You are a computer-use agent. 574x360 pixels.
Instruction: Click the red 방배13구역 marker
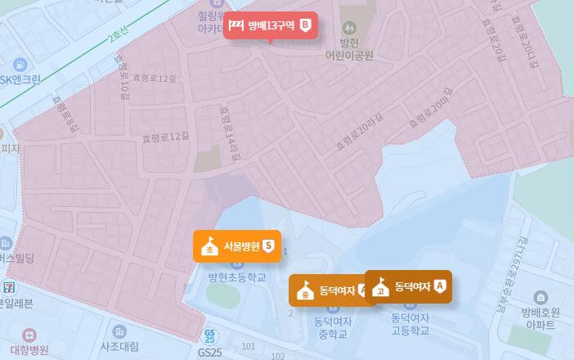click(270, 26)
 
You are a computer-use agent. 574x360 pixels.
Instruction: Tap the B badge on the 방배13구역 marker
click(306, 26)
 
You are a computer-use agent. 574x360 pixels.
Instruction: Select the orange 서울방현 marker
click(236, 245)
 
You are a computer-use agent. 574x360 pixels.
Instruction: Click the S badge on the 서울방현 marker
click(267, 245)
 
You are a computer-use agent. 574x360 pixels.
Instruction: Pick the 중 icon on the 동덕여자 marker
click(305, 290)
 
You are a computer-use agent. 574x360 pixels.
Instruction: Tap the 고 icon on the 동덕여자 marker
click(380, 287)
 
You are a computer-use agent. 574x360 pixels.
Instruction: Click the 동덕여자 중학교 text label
click(331, 328)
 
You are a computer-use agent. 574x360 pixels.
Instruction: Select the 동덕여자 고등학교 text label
click(410, 324)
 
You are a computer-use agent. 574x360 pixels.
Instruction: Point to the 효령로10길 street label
click(123, 76)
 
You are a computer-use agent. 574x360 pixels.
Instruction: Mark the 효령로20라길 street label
click(354, 133)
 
